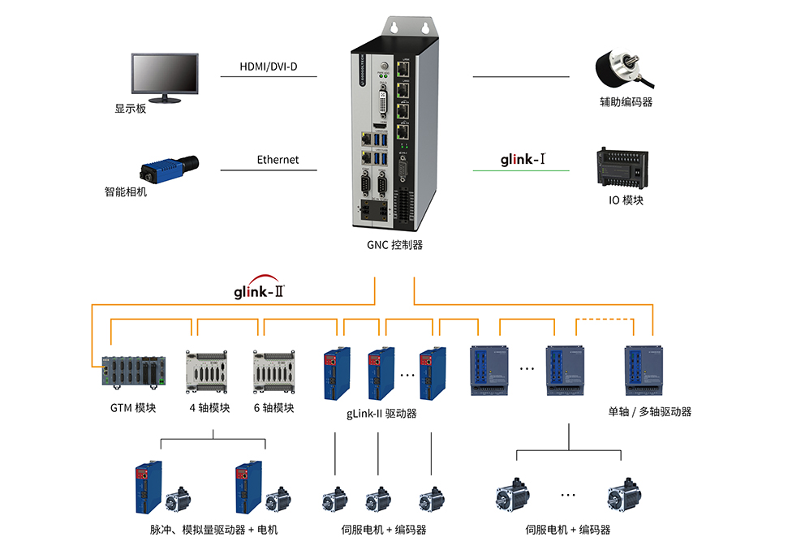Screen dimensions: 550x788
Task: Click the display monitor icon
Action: [x=165, y=77]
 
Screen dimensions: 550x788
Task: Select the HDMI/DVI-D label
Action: [x=268, y=66]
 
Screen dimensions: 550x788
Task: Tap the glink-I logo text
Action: [x=521, y=159]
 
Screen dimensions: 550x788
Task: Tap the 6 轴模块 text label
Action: [x=273, y=407]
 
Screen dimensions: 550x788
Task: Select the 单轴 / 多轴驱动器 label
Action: [x=650, y=411]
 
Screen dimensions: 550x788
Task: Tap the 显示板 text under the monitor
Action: [x=131, y=108]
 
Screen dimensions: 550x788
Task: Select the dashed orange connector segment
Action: [x=604, y=320]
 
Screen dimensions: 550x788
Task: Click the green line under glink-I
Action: [x=521, y=170]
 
